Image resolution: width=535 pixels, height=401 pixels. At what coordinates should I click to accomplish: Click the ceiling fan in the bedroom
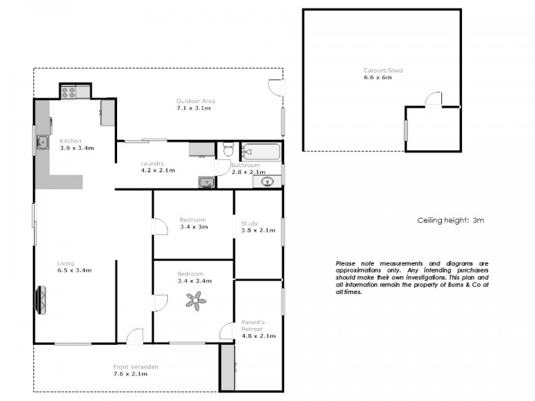coord(197,301)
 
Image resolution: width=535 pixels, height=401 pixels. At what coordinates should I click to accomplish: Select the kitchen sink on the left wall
coord(42,141)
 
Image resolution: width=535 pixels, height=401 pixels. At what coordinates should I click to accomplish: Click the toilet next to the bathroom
coord(227,149)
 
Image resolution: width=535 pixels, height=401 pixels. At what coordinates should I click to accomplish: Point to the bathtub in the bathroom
coord(261,152)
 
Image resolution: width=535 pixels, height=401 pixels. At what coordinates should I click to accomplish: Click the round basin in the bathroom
coord(268,180)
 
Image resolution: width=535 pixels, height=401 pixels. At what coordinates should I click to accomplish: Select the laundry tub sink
coord(207,181)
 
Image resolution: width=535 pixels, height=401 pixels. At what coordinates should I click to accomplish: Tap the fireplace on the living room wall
coord(42,299)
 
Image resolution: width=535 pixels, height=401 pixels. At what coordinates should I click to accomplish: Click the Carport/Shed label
coord(383,70)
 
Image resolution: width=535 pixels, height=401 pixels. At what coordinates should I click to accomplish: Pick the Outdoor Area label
coord(195,101)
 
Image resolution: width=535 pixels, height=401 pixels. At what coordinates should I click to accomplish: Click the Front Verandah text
coord(135,367)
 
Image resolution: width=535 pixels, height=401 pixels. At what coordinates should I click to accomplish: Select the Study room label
coord(249,223)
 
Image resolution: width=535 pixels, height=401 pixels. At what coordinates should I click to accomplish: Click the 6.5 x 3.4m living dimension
coord(74,270)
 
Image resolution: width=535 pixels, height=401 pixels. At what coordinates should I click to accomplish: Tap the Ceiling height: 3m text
coord(449,219)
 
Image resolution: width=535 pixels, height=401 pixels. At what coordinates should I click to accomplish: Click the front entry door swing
coord(136,335)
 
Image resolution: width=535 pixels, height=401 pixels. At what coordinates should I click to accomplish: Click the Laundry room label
coord(152,163)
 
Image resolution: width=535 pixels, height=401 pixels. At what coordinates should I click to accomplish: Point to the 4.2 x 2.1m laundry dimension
coord(157,170)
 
